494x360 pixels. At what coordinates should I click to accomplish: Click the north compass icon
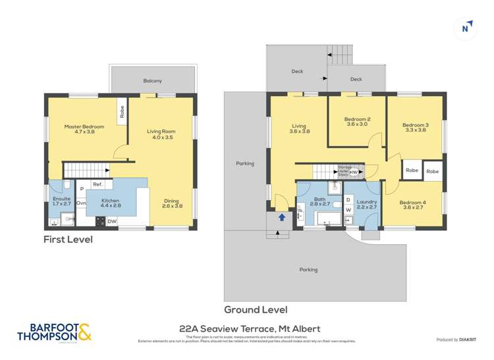tap(466, 27)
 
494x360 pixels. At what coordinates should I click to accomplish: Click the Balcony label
tap(153, 81)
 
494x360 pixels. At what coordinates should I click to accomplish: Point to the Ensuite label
tap(61, 201)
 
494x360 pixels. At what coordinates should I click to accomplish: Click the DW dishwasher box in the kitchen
tap(112, 222)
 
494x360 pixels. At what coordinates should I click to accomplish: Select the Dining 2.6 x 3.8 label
tap(172, 203)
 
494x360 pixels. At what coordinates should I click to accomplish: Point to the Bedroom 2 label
tap(357, 122)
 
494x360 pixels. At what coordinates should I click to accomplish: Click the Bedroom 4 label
tap(412, 205)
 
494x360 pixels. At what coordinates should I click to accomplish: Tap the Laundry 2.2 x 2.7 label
tap(366, 203)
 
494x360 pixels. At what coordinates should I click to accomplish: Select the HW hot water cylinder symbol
tap(353, 172)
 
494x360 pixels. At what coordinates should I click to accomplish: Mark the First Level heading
tap(68, 240)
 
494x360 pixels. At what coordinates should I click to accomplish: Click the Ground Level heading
tap(256, 309)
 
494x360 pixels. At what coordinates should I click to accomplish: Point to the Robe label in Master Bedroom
tap(123, 112)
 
